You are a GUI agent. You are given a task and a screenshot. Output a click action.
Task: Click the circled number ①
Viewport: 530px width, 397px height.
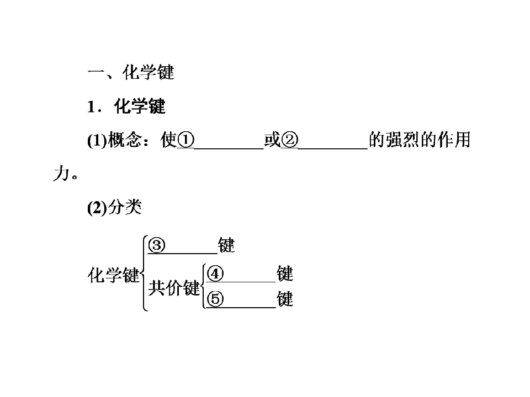click(186, 140)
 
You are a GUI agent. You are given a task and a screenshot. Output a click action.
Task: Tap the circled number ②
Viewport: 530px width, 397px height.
click(290, 140)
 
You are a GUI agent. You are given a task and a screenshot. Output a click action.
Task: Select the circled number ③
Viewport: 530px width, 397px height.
click(157, 245)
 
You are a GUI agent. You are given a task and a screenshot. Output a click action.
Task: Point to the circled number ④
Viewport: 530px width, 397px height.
click(215, 273)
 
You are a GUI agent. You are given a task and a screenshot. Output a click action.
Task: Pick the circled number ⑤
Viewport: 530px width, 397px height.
click(215, 299)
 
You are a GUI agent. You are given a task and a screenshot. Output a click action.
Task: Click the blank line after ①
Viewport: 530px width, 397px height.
click(229, 148)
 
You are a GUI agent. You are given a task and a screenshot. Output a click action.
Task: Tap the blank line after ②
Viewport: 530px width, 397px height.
click(333, 148)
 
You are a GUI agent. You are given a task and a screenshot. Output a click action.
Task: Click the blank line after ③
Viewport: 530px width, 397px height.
click(183, 253)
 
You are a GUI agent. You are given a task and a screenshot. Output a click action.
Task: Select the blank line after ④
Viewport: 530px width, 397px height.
click(241, 282)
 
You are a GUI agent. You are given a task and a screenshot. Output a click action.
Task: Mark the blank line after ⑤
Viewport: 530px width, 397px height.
click(241, 308)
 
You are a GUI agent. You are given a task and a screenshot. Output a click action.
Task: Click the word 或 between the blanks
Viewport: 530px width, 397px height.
click(272, 140)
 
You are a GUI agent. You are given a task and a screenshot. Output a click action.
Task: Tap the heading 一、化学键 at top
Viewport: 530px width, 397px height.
click(131, 72)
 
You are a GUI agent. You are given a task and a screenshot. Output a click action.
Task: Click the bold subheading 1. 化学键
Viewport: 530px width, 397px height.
click(126, 106)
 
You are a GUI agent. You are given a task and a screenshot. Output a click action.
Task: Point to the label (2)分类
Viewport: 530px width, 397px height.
click(114, 207)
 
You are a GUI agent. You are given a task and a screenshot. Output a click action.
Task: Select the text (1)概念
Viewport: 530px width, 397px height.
click(114, 140)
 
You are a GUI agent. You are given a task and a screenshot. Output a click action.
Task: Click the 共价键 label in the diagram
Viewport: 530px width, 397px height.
click(174, 288)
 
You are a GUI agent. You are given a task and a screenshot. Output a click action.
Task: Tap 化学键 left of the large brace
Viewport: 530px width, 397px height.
click(114, 275)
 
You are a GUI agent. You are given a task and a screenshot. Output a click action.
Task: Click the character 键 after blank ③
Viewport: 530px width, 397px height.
click(226, 245)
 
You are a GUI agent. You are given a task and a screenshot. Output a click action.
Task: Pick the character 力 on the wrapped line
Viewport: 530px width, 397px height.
click(61, 173)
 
